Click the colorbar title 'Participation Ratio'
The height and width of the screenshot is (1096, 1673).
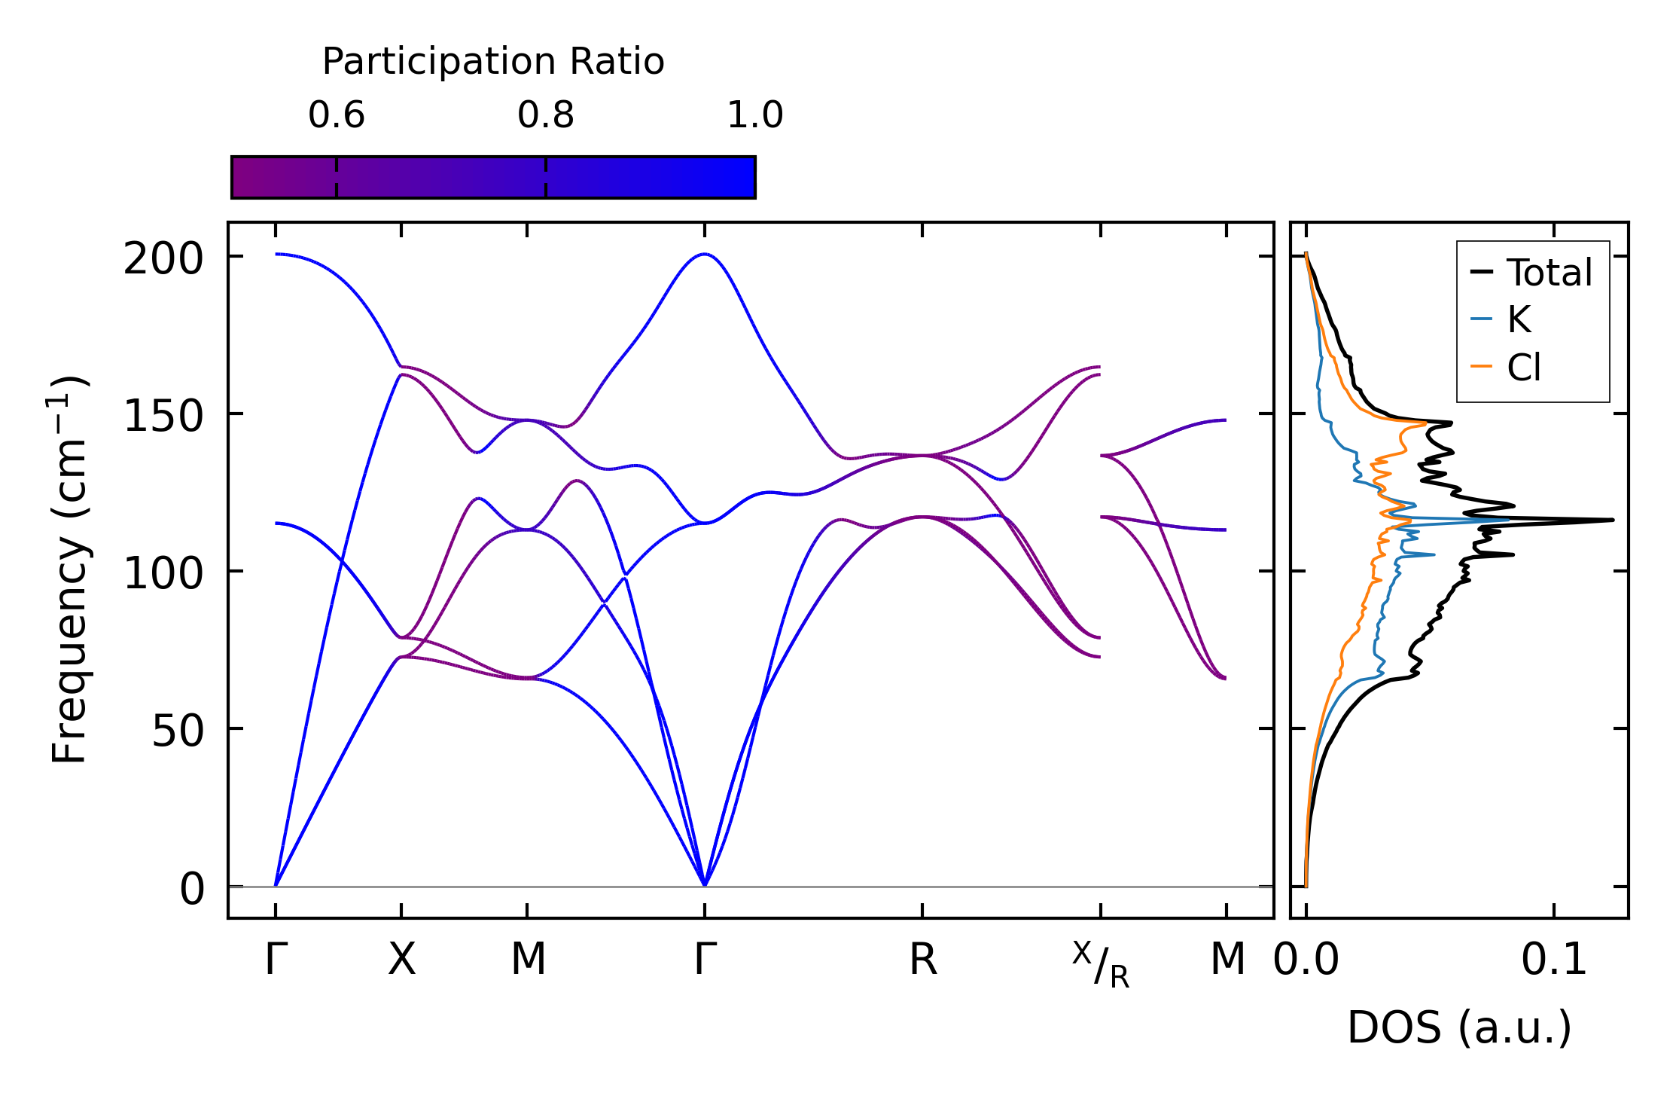coord(493,62)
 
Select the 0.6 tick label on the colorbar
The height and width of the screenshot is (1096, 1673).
coord(336,116)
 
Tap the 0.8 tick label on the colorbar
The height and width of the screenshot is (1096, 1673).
coord(545,116)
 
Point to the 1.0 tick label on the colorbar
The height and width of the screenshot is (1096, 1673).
coord(754,116)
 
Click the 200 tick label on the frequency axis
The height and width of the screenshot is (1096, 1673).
coord(163,261)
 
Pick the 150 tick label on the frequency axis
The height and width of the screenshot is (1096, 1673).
coord(163,417)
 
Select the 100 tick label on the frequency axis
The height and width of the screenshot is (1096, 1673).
coord(163,575)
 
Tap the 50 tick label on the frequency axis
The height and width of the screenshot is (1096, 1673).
coord(178,732)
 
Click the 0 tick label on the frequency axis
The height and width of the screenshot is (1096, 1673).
coord(192,890)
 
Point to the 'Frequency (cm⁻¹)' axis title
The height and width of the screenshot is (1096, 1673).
coord(70,570)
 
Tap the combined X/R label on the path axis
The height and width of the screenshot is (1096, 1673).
coord(1101,964)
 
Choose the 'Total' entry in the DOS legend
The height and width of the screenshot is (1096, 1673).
coord(1549,273)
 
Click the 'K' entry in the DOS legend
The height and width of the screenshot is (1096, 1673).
coord(1519,320)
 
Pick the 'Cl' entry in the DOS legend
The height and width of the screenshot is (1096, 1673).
coord(1524,368)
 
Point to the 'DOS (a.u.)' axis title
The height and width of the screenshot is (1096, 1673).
coord(1459,1028)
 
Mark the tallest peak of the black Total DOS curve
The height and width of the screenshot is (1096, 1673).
coord(1612,520)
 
